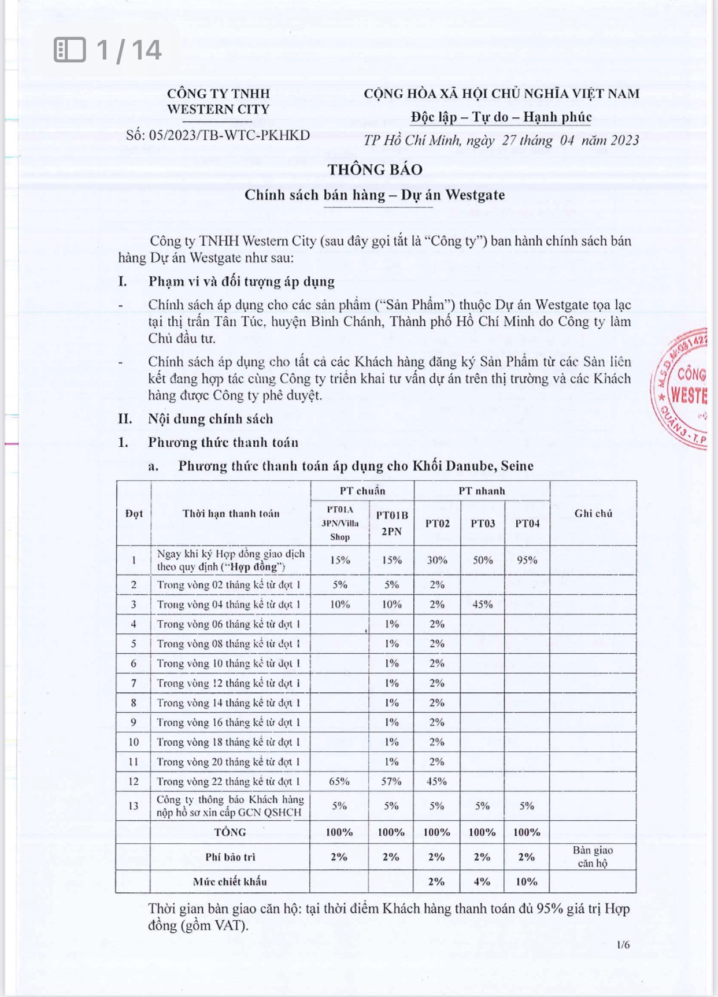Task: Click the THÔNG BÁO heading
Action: pyautogui.click(x=375, y=169)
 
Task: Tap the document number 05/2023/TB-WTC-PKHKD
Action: pyautogui.click(x=218, y=135)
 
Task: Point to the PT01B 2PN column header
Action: pyautogui.click(x=391, y=522)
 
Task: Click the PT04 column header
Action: pyautogui.click(x=527, y=523)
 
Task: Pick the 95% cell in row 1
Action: pyautogui.click(x=527, y=559)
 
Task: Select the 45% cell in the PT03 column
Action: pyautogui.click(x=482, y=604)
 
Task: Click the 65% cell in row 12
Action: pyautogui.click(x=339, y=781)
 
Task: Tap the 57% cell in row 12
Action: pyautogui.click(x=391, y=781)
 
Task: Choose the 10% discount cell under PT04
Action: pyautogui.click(x=527, y=881)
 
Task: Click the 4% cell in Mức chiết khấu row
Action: pyautogui.click(x=482, y=881)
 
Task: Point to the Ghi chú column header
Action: pyautogui.click(x=593, y=513)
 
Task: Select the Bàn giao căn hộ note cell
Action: pyautogui.click(x=593, y=857)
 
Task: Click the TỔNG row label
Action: pyautogui.click(x=230, y=832)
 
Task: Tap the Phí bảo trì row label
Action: pyautogui.click(x=230, y=857)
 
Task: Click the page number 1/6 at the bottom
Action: pyautogui.click(x=623, y=945)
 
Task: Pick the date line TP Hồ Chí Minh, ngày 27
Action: pyautogui.click(x=501, y=140)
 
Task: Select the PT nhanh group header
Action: pyautogui.click(x=482, y=491)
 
